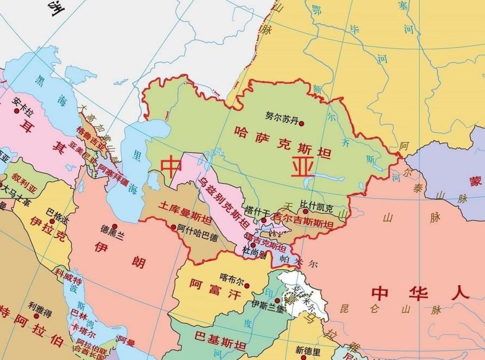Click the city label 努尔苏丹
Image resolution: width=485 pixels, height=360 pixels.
281,115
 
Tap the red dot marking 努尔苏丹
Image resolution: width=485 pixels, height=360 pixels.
301,123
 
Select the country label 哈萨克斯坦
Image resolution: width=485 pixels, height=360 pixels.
282,143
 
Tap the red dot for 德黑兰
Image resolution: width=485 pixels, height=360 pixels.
114,226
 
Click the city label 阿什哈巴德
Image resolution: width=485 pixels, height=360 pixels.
197,231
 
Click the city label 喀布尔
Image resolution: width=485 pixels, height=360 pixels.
231,277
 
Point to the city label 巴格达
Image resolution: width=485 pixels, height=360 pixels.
58,210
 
